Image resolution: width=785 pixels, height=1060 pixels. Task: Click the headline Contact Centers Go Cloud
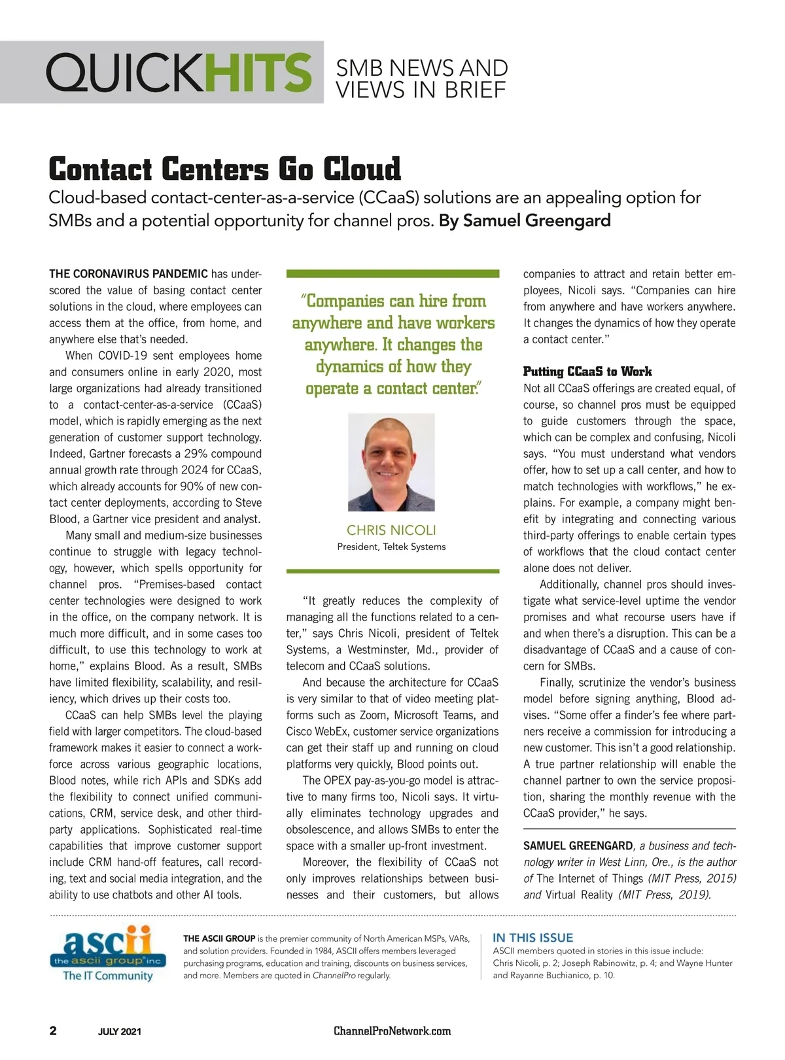coord(224,169)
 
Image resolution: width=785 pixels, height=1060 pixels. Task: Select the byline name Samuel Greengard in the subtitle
coord(536,220)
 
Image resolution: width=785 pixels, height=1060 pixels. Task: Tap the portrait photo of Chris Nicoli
coord(391,462)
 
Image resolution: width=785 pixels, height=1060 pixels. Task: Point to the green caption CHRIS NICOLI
coord(391,530)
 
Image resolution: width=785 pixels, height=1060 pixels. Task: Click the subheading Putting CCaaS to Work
coord(587,371)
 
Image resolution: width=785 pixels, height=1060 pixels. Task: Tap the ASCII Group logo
coord(107,953)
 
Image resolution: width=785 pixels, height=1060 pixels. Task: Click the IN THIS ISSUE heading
coord(532,938)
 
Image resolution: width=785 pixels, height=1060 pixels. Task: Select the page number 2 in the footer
coord(53,1031)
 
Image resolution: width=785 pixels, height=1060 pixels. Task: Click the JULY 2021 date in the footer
coord(119,1032)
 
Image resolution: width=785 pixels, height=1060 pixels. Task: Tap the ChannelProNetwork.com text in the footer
coord(392,1031)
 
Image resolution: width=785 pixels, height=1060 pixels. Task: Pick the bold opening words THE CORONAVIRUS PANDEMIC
coord(128,274)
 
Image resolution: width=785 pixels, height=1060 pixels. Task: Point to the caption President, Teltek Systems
coord(391,547)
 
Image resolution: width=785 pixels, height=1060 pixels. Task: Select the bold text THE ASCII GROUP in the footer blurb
coord(219,938)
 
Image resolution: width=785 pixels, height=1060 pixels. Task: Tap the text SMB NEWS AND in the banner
coord(421,67)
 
